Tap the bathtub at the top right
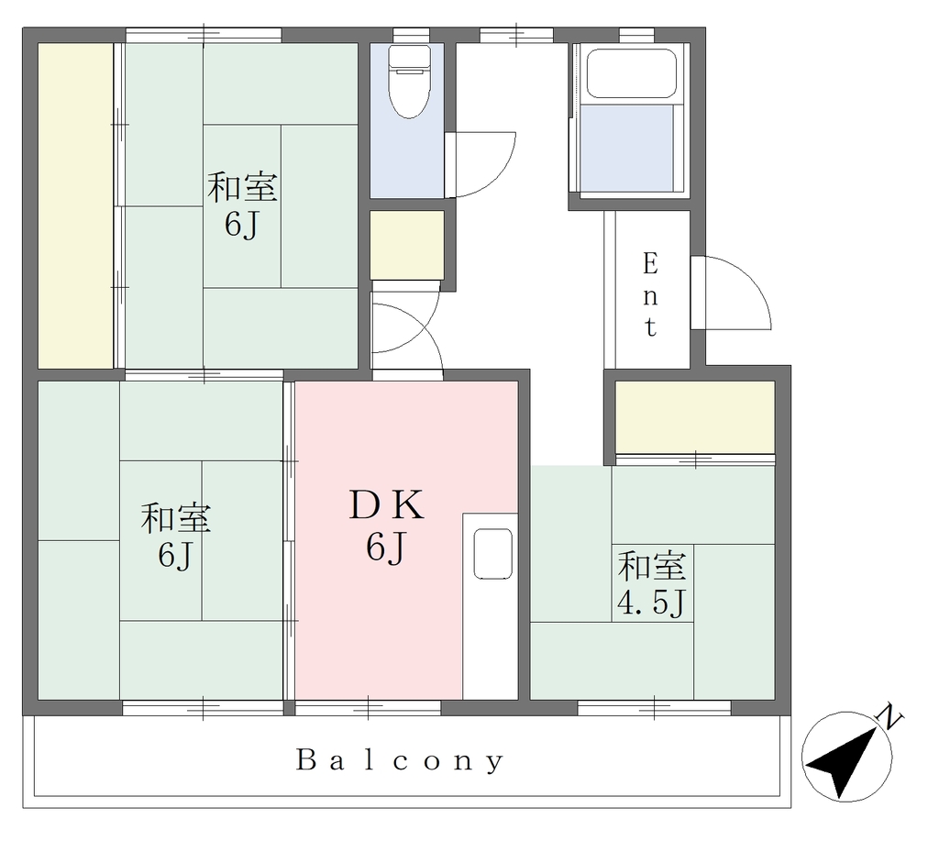click(x=631, y=72)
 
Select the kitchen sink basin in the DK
click(x=492, y=553)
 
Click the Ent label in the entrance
click(x=650, y=295)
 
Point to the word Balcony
click(x=400, y=761)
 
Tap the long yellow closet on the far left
click(x=75, y=205)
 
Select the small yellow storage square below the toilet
click(x=406, y=244)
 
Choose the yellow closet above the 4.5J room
click(x=695, y=417)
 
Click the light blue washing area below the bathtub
click(x=626, y=149)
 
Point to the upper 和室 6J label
click(x=242, y=205)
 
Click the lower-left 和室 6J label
click(x=175, y=536)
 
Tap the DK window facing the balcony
click(x=368, y=708)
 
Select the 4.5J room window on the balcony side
click(x=654, y=708)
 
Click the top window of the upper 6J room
click(x=204, y=35)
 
